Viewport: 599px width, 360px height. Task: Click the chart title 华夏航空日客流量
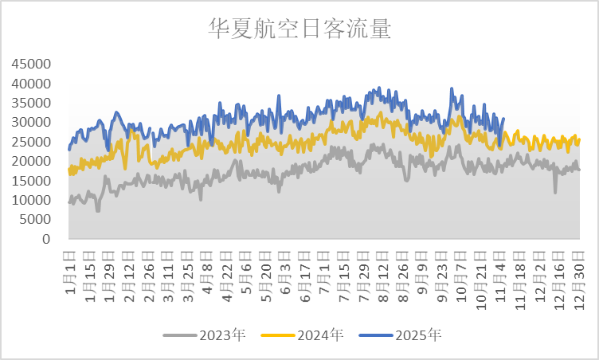(299, 29)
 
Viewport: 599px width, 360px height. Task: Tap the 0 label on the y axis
(47, 240)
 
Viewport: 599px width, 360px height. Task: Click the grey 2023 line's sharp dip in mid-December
(555, 192)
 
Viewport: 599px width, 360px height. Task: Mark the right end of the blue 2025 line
(503, 119)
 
